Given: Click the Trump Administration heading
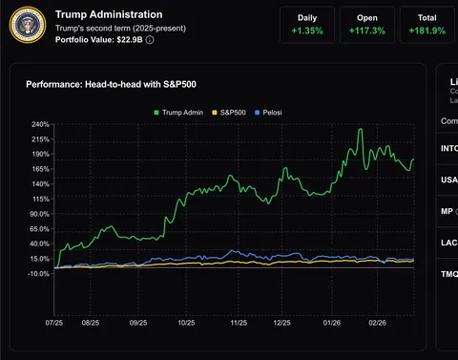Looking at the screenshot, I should tap(109, 15).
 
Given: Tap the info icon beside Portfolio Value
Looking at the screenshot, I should tap(150, 40).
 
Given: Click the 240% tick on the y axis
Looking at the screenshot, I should tap(39, 125).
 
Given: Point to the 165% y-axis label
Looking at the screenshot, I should tap(39, 169).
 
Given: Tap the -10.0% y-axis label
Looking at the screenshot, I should tap(37, 274).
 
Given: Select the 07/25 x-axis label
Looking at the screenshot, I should tap(55, 324).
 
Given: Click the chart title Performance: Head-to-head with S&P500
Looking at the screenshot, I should tap(114, 85).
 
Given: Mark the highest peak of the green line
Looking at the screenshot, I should tap(361, 129).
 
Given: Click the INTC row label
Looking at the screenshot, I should tap(448, 149).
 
